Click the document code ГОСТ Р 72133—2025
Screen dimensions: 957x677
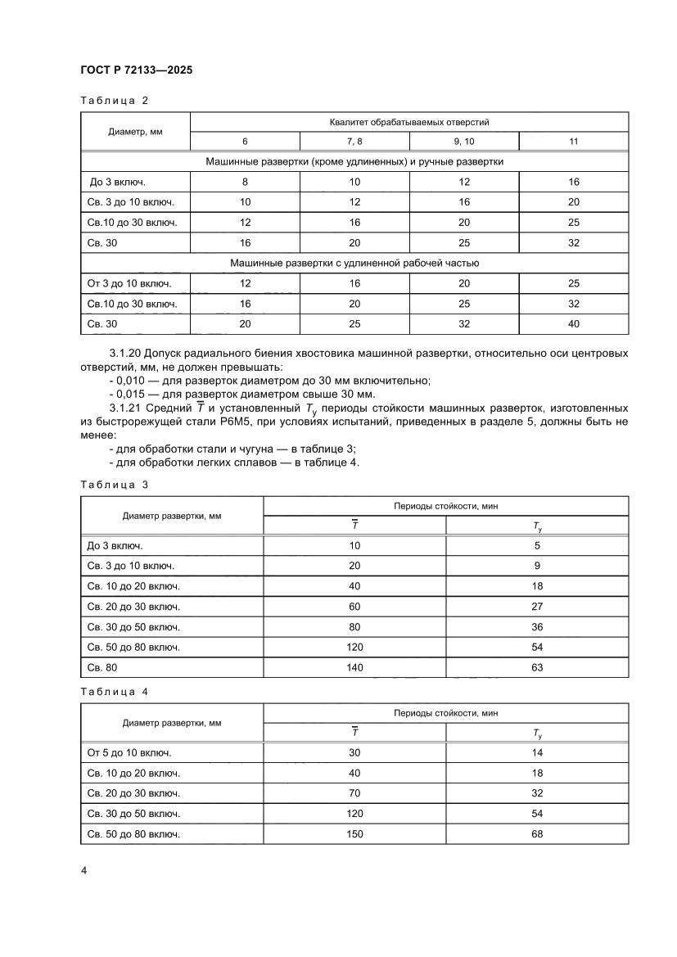[137, 71]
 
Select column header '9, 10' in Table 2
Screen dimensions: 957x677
[463, 142]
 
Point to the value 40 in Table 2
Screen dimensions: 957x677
[573, 324]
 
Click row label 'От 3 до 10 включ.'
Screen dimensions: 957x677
[129, 283]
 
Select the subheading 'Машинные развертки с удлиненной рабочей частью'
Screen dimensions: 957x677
[354, 264]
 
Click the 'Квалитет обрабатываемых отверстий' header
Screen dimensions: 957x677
[409, 122]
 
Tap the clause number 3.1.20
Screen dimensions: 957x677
[124, 354]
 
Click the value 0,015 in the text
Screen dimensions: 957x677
[132, 394]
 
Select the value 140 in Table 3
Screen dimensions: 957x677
[354, 668]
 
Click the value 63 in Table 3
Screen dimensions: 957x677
[537, 668]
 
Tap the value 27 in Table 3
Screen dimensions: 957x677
[537, 607]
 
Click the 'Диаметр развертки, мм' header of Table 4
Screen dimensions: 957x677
[171, 723]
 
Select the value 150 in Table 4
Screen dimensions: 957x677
[354, 834]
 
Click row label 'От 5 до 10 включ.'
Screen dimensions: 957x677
[129, 752]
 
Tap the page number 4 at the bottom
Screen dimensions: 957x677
[83, 869]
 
